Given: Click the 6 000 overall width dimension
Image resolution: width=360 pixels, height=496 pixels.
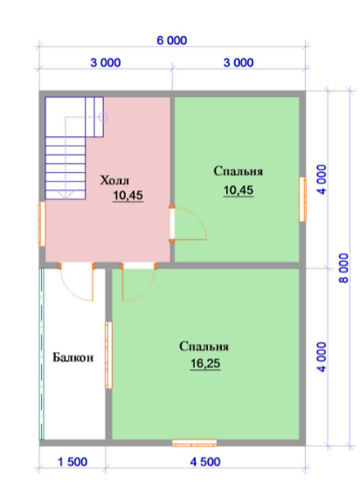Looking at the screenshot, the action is point(172,41).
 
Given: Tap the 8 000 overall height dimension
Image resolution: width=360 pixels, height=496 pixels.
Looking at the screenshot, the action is point(344,268).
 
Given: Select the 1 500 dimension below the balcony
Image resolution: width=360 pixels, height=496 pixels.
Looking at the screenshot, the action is point(73,462).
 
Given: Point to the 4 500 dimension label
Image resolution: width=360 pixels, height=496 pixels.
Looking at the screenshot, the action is point(205,462).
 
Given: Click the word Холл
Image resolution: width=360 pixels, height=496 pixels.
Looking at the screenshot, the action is point(114,181).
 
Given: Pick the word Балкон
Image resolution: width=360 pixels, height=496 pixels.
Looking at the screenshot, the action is point(73,357).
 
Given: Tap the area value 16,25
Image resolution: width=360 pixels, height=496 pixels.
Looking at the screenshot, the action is point(205,364).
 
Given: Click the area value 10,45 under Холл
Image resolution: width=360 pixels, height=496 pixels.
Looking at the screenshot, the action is point(128,196).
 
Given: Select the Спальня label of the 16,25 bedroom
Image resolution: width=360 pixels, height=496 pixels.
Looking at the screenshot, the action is point(204,347).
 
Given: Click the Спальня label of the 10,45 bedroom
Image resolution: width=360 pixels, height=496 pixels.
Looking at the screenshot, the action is point(238,171).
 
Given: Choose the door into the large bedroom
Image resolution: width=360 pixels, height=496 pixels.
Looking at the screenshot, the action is point(138,282).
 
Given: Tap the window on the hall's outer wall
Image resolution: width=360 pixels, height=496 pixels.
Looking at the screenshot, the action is point(42,224).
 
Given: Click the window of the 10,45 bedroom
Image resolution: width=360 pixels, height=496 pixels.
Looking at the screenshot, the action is point(303,199).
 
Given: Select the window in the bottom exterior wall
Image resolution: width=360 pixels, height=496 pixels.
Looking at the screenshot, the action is point(194,443).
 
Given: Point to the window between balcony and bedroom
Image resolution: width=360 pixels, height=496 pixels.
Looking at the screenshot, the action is point(108,355).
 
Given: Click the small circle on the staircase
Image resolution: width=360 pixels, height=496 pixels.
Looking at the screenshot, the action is point(103,117).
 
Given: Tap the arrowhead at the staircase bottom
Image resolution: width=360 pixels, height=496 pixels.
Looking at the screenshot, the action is point(66,195).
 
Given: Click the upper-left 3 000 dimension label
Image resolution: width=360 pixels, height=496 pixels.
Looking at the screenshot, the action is point(106,63).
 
